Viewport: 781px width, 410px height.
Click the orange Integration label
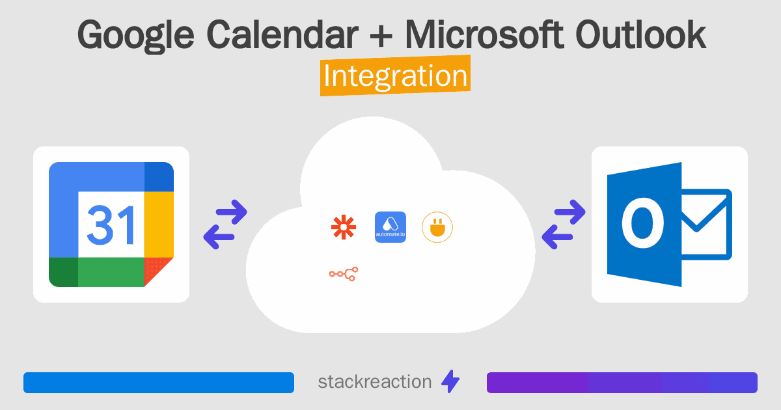point(395,76)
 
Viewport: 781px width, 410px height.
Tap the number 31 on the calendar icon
point(110,225)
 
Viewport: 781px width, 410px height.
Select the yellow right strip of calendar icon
point(158,225)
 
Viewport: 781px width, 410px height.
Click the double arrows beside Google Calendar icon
point(225,225)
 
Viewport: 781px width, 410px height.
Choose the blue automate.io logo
point(390,227)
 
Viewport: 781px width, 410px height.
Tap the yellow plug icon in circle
point(437,227)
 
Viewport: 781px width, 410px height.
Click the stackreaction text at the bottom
point(374,381)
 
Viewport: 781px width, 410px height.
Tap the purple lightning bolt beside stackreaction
point(450,381)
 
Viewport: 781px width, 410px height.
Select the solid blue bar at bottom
point(159,382)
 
